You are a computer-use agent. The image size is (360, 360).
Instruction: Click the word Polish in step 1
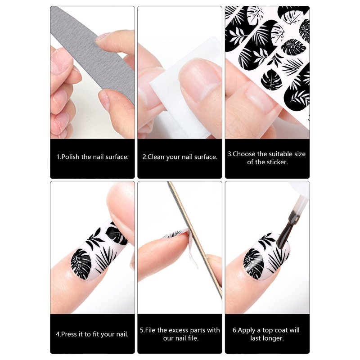[70, 157]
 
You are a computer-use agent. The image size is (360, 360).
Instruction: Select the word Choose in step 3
[244, 154]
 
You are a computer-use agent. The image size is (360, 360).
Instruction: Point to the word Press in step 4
[69, 334]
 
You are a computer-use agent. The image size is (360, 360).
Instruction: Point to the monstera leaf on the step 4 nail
[81, 264]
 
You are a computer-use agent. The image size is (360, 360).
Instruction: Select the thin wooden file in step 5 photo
[195, 239]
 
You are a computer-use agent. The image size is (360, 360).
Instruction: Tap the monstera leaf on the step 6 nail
[253, 264]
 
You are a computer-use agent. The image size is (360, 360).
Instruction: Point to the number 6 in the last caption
[234, 330]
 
